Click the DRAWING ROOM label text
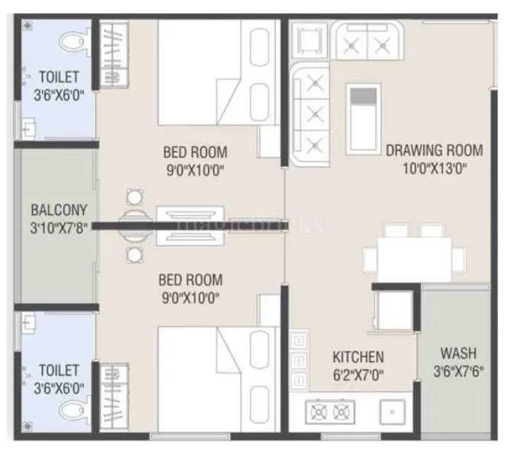point(434,150)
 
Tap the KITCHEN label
point(358,357)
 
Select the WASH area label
point(458,353)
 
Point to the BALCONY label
point(59,210)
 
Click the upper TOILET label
point(47,76)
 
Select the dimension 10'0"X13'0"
point(434,168)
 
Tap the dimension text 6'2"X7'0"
point(358,375)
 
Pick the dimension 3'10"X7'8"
point(59,227)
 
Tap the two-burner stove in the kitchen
point(329,412)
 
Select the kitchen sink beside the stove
point(393,413)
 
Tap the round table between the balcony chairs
point(134,223)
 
